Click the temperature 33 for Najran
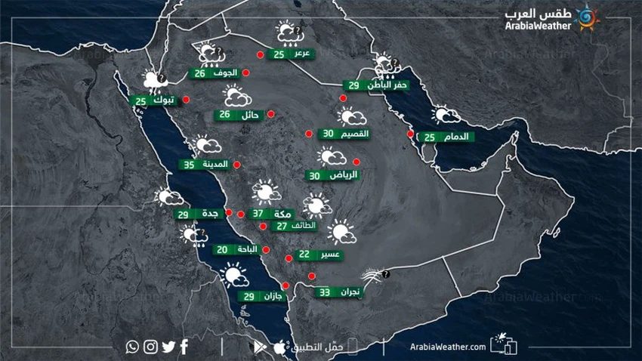pos(325,292)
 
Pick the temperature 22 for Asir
pos(304,255)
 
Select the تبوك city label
pos(163,100)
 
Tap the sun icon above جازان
pos(233,275)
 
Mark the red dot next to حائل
pos(270,115)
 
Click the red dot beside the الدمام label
pos(410,134)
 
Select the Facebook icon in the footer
pos(184,347)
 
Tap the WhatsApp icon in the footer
pos(133,347)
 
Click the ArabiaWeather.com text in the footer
pos(447,347)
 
